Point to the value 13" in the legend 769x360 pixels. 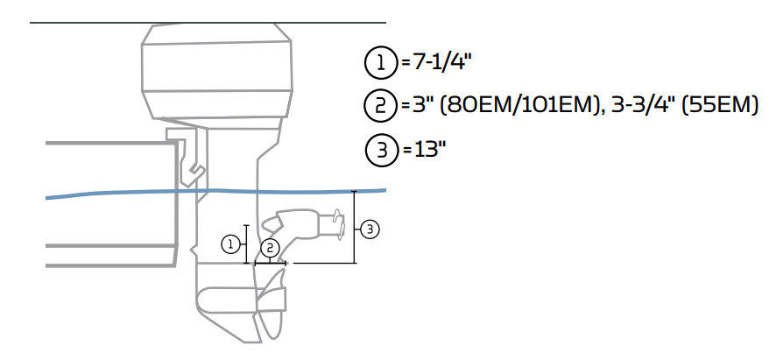click(425, 150)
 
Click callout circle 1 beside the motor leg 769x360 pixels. click(230, 244)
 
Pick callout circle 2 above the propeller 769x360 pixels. click(271, 248)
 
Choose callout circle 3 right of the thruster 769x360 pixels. click(370, 229)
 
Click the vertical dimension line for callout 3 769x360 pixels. click(354, 227)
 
